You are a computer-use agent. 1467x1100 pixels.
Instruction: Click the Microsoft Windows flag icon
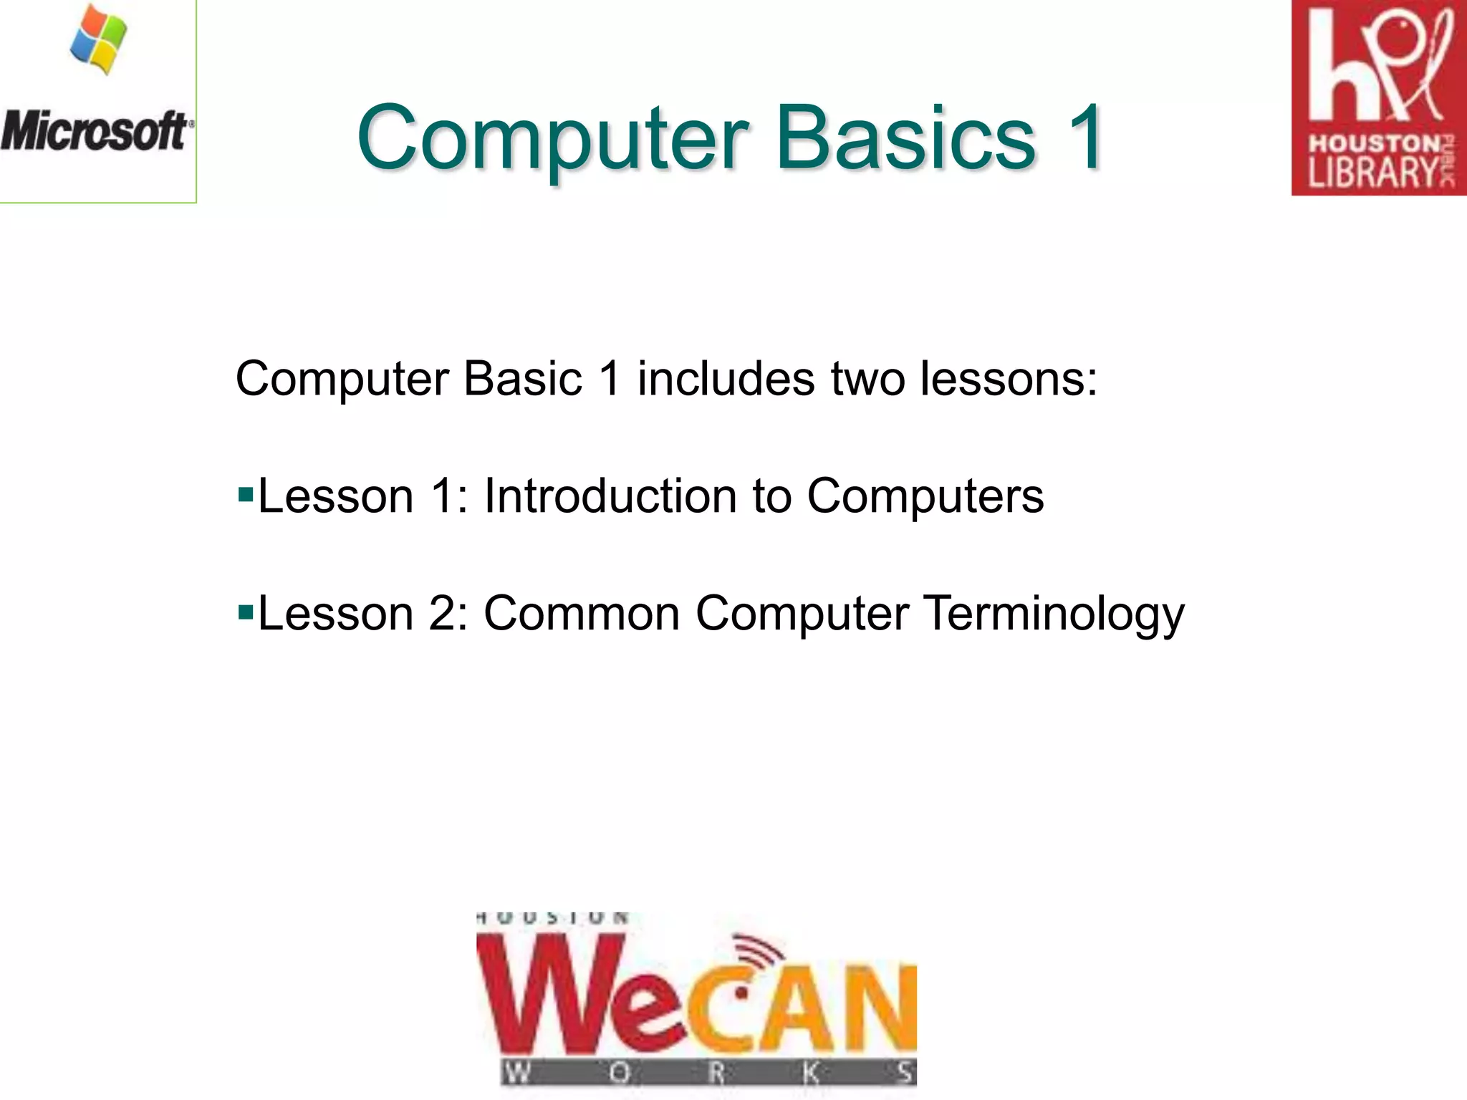pyautogui.click(x=99, y=42)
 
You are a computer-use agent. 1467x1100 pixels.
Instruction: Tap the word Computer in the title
pyautogui.click(x=552, y=137)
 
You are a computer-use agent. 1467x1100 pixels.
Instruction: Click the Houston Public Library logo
pyautogui.click(x=1379, y=97)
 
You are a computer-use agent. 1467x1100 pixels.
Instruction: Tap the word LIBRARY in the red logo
pyautogui.click(x=1372, y=172)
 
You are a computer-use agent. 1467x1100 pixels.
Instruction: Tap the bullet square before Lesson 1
pyautogui.click(x=246, y=494)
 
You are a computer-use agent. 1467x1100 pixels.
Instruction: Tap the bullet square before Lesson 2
pyautogui.click(x=246, y=612)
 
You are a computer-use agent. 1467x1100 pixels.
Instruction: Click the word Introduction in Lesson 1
pyautogui.click(x=610, y=496)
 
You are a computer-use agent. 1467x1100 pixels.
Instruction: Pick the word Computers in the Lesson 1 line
pyautogui.click(x=925, y=496)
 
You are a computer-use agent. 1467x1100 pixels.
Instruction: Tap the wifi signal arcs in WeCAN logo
pyautogui.click(x=758, y=952)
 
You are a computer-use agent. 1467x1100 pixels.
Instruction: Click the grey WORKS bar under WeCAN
pyautogui.click(x=708, y=1072)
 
